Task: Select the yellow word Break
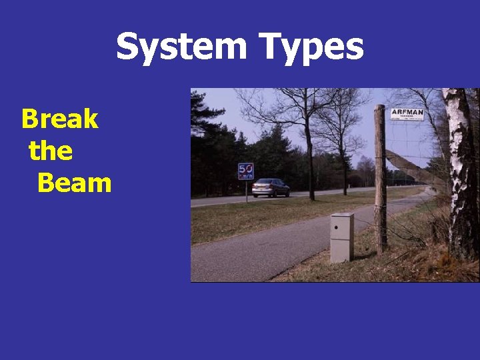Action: click(x=60, y=119)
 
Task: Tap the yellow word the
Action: click(x=51, y=151)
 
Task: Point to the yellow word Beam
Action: click(x=74, y=182)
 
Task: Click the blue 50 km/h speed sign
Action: click(x=246, y=171)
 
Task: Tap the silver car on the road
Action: click(x=271, y=187)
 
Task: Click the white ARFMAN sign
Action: click(x=407, y=113)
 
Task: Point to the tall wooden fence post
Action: click(x=381, y=187)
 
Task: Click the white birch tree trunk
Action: click(x=461, y=173)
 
